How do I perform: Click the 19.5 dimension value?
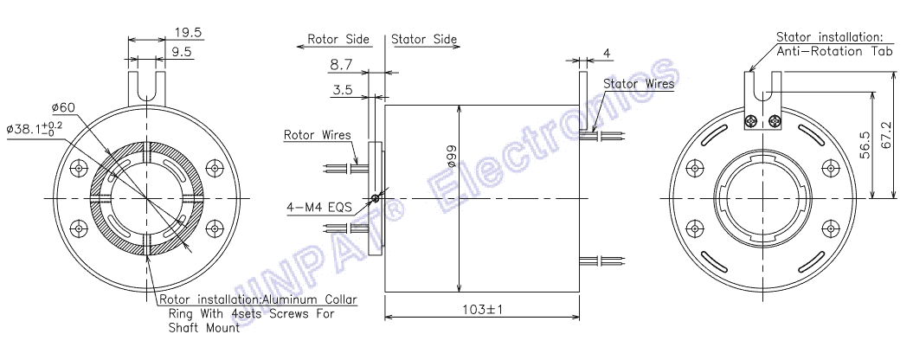(188, 33)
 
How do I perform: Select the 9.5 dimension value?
(181, 52)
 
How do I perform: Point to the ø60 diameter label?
(61, 108)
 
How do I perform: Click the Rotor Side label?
(338, 40)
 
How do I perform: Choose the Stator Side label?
(424, 40)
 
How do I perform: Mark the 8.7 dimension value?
(341, 65)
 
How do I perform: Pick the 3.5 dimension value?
(344, 90)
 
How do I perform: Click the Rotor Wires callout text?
(318, 135)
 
